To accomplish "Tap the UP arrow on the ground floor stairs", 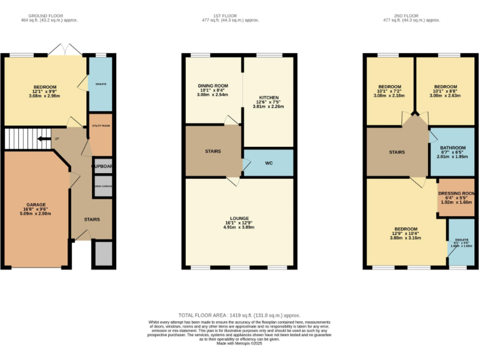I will (44, 139).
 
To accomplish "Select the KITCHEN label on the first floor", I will (268, 97).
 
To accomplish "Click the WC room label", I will (268, 163).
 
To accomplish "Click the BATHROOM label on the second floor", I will (452, 148).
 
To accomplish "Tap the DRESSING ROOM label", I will (456, 194).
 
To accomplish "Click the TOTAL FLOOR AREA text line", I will (239, 316).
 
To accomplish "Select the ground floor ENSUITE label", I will (101, 83).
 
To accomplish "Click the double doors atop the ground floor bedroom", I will (66, 50).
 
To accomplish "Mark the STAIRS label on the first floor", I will (213, 151).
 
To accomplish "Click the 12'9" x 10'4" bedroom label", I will (404, 234).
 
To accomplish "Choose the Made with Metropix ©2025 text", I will (239, 343).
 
